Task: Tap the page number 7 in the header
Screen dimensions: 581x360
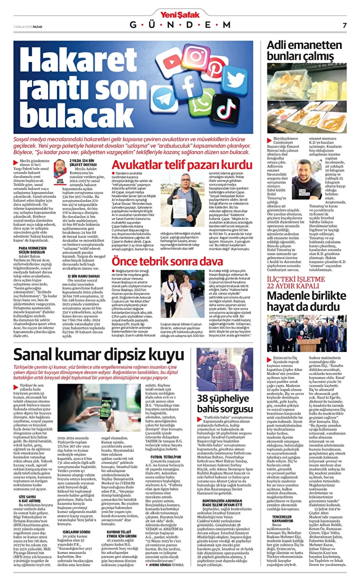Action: [344, 25]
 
